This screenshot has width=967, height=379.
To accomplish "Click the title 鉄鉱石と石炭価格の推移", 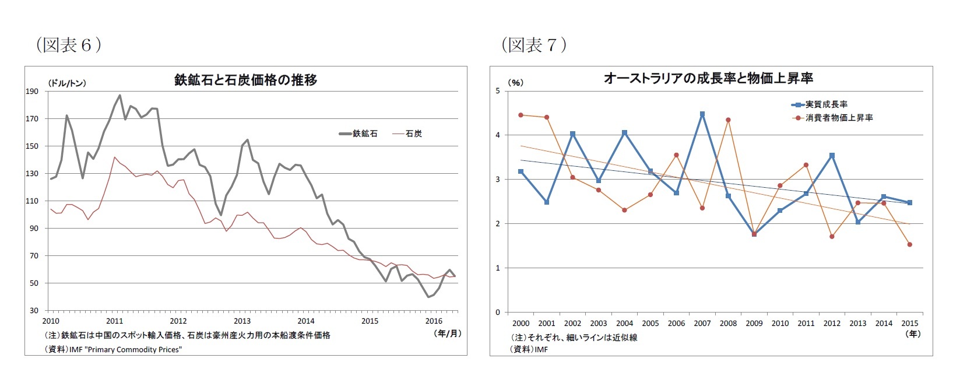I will coord(245,80).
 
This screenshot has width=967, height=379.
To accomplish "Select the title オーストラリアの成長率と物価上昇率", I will coord(708,78).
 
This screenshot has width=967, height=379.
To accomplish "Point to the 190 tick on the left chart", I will coord(32,92).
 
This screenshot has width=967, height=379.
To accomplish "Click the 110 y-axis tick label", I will coord(32,201).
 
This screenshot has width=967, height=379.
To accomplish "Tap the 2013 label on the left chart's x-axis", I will coord(242,321).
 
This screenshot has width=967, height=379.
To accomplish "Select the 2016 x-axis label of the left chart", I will coord(434,321).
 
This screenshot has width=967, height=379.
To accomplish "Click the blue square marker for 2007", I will coord(702,114).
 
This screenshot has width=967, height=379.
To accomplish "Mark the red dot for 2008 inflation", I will coord(728,120).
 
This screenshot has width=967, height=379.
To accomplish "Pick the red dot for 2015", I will coord(909,245).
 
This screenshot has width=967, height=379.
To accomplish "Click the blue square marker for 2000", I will coord(521,171).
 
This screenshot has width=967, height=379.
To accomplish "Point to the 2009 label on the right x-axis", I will coord(754,324).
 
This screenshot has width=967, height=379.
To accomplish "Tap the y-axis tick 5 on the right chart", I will coord(498,91).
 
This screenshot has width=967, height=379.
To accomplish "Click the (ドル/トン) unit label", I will coord(67,83).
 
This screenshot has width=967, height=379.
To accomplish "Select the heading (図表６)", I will coord(69,45).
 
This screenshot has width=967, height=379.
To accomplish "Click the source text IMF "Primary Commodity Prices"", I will coord(125,349).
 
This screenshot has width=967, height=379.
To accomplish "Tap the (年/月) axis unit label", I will coord(448,334).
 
